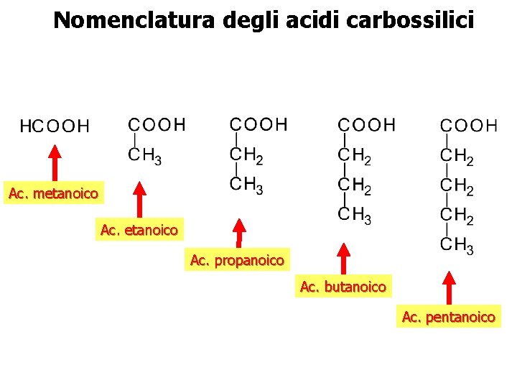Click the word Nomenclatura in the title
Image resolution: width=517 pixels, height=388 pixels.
click(134, 20)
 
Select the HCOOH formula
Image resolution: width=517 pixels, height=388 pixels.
click(54, 126)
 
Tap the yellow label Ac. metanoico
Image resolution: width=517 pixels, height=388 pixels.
click(53, 193)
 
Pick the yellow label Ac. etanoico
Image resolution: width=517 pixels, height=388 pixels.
click(139, 231)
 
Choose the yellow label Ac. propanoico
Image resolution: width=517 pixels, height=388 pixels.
click(237, 260)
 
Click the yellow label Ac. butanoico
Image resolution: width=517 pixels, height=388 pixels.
click(343, 287)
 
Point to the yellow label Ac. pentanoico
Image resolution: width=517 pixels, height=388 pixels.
click(449, 317)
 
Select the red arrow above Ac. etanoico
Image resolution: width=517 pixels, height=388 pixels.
click(140, 200)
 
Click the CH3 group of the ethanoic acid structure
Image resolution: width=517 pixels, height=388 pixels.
click(144, 154)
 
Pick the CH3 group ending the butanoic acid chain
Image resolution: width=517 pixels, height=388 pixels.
click(354, 216)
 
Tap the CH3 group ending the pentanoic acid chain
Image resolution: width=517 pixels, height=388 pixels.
click(457, 246)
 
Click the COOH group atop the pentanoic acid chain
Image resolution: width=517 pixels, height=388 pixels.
click(468, 126)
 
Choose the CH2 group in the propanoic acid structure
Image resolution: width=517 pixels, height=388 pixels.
click(246, 154)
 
